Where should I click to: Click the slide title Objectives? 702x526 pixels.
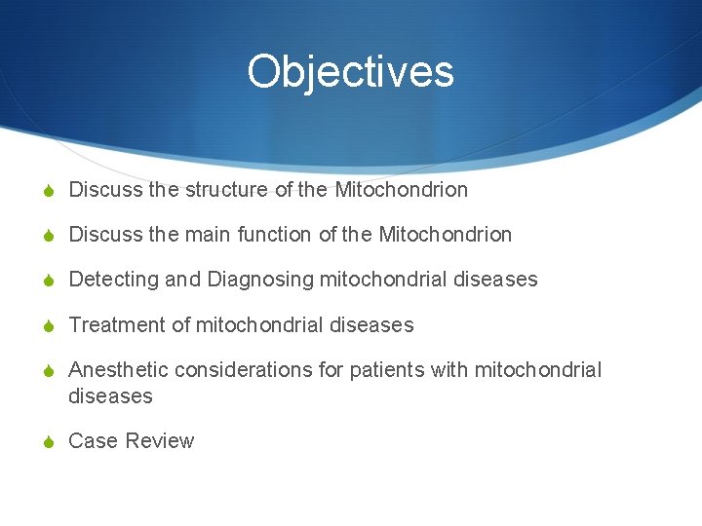coord(350,72)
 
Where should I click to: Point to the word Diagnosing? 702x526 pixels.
coord(259,280)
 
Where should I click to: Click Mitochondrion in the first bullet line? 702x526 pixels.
coord(401,190)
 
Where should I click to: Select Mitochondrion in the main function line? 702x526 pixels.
coord(445,235)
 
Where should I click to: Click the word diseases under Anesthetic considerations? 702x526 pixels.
coord(110,396)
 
